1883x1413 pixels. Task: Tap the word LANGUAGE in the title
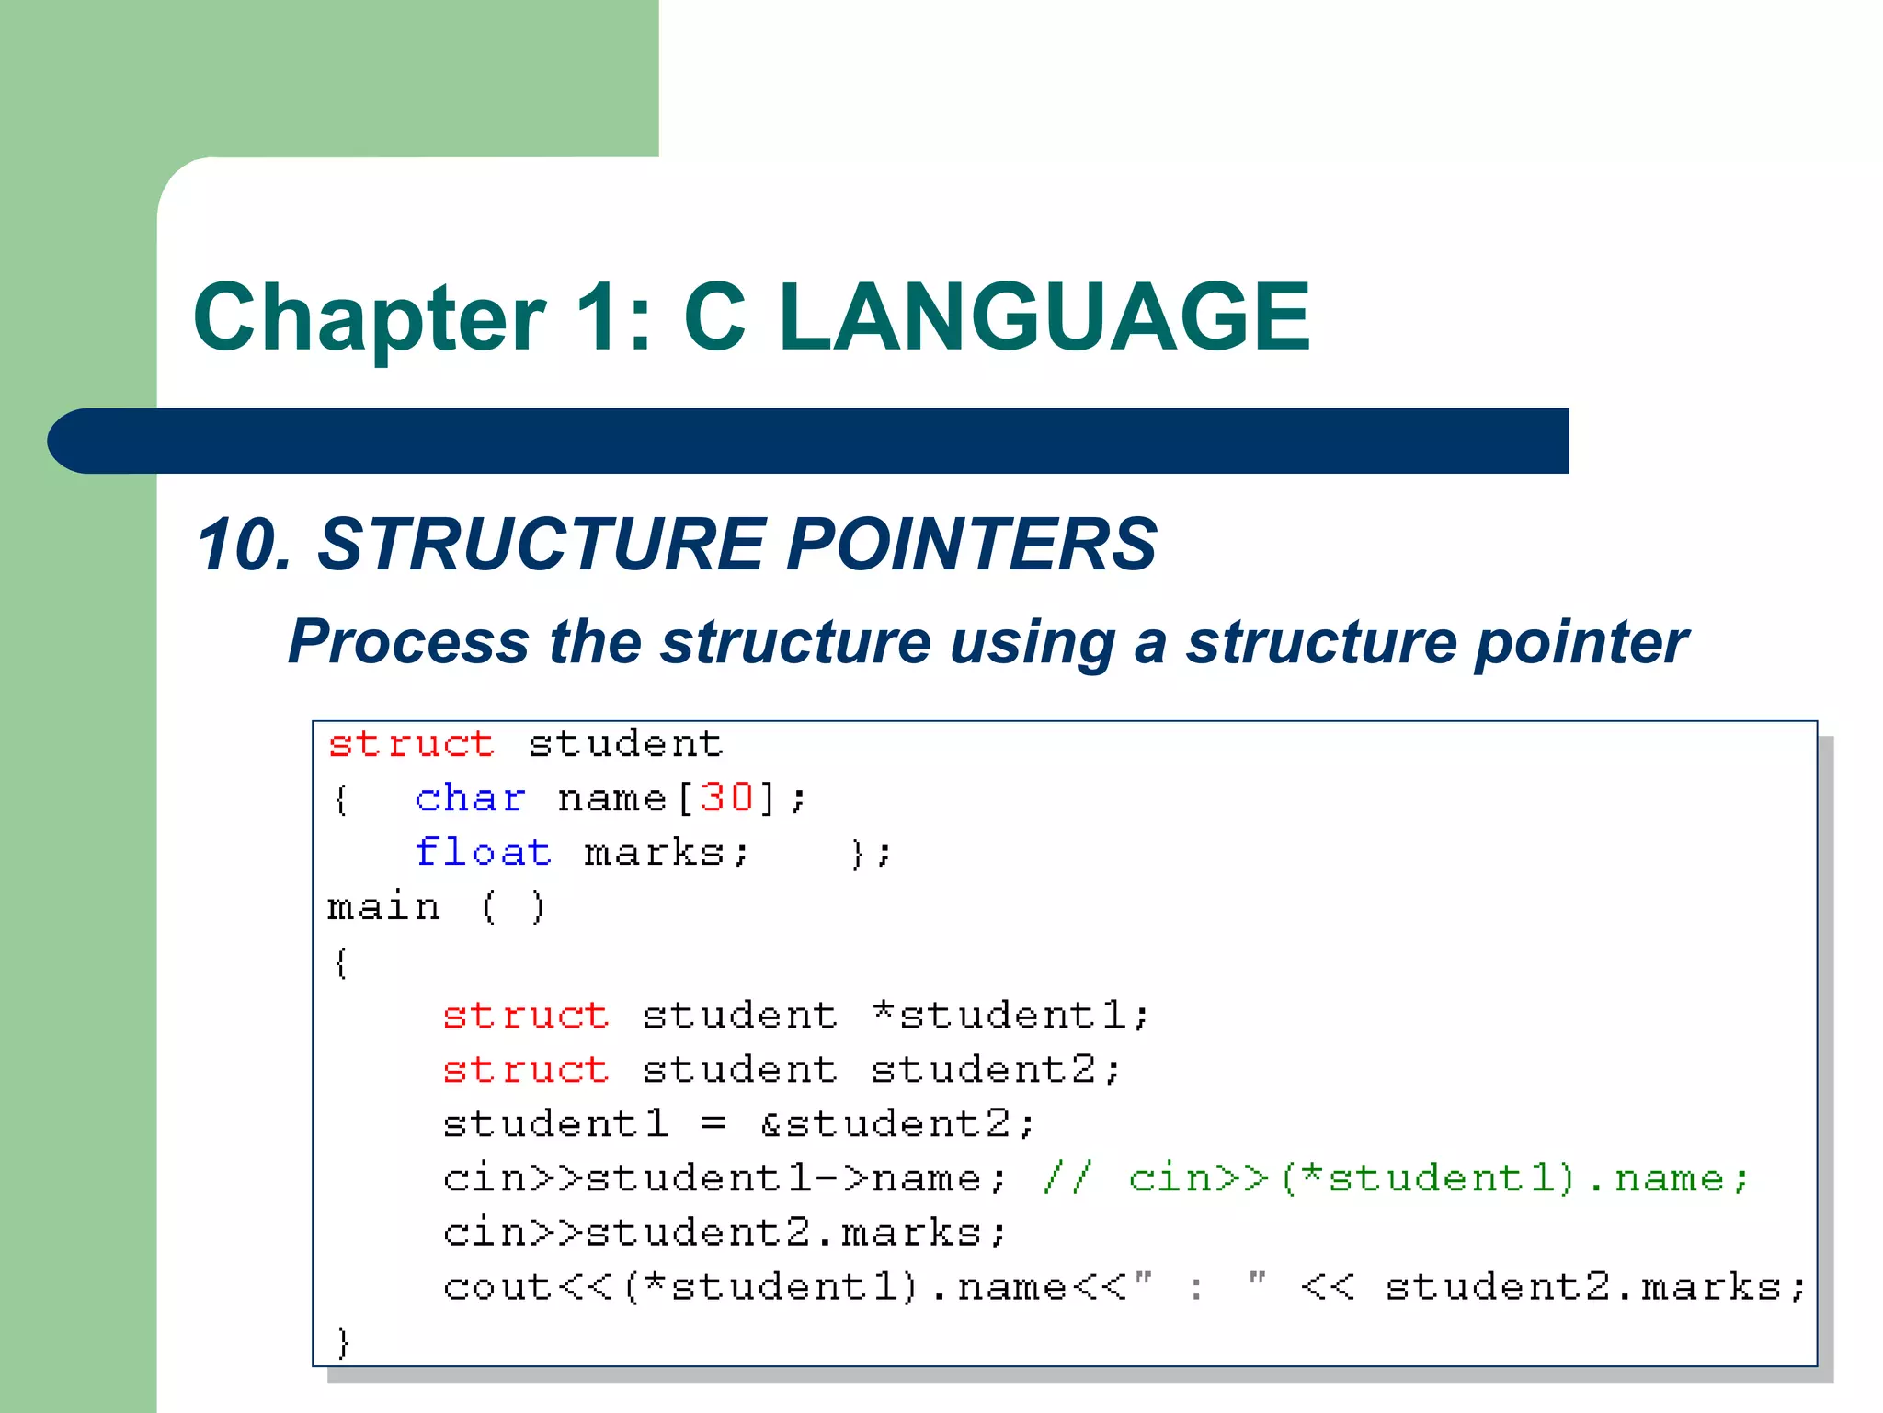1044,317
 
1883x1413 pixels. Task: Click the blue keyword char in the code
470,798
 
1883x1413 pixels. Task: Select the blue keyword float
483,853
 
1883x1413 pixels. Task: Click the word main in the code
383,908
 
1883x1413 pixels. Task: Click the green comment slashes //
1067,1178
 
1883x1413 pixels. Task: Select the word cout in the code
497,1287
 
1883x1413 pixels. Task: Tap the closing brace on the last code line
342,1342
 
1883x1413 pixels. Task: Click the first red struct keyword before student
411,744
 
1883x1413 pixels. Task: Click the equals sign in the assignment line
713,1124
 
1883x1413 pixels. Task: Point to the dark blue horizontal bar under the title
809,441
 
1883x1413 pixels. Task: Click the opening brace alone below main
340,963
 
